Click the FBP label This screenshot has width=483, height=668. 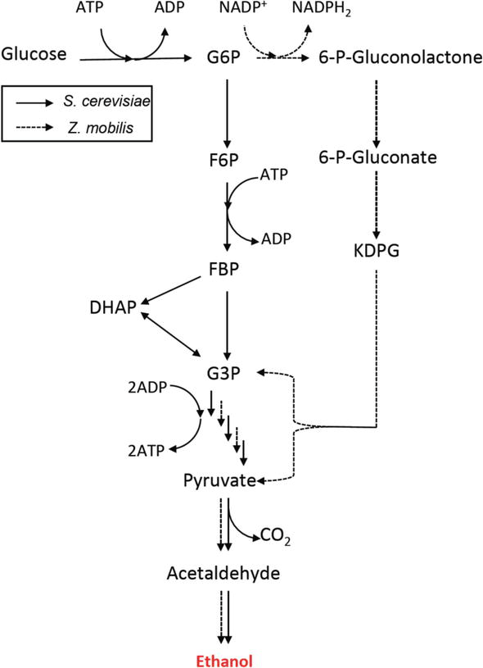pos(226,270)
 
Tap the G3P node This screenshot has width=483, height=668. pos(226,374)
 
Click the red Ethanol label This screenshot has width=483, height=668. pos(227,659)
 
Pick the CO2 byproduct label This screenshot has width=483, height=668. pos(274,538)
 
